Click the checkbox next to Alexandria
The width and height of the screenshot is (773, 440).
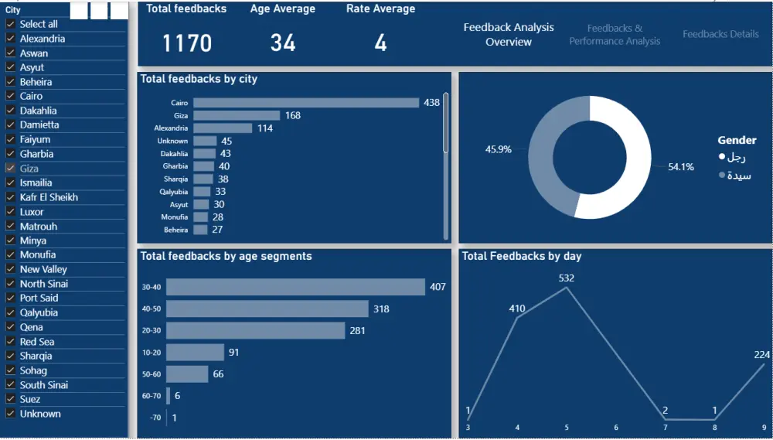[10, 39]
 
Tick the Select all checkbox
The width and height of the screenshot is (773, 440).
[10, 24]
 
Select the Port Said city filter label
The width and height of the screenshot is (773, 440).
[39, 298]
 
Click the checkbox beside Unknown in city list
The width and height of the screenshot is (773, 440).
[10, 414]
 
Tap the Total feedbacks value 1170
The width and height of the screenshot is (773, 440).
[186, 43]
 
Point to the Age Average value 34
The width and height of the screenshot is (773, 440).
[283, 43]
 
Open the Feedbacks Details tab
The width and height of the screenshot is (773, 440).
[720, 34]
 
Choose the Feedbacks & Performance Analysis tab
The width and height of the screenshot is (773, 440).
[615, 35]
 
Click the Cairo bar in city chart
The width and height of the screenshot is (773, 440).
[305, 103]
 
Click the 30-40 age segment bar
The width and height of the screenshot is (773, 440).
[295, 287]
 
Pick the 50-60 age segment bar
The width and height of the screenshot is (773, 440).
[187, 374]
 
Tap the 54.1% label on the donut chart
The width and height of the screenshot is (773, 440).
[680, 167]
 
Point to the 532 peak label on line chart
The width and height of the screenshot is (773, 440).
[567, 278]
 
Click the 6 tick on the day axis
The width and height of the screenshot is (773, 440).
[616, 428]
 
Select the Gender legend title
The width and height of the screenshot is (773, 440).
[737, 140]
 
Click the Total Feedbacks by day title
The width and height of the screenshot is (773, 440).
[521, 256]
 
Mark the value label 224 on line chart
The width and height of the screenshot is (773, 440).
[761, 355]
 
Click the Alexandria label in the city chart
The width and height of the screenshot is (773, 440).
[171, 128]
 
